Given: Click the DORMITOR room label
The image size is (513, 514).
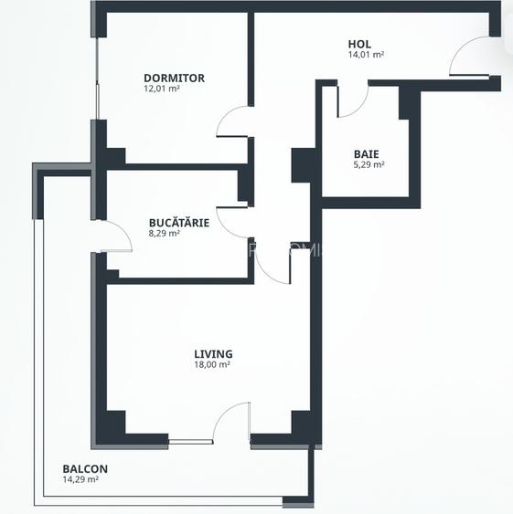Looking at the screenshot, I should [174, 78].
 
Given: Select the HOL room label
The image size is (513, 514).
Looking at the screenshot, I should [359, 44].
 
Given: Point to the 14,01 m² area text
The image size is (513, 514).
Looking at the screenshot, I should [366, 55].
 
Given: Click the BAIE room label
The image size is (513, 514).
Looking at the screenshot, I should [367, 153].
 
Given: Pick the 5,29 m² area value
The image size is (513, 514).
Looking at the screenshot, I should [369, 165].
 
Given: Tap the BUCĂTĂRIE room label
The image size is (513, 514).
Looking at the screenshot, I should [179, 222].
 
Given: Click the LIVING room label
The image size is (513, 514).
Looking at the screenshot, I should [213, 353].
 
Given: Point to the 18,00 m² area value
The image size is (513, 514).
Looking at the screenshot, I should [212, 364].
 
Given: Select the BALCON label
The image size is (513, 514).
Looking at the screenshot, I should [85, 469].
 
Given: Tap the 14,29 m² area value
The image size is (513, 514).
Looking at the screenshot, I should [80, 480].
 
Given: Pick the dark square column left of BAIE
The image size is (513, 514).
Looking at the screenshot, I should [303, 164].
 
